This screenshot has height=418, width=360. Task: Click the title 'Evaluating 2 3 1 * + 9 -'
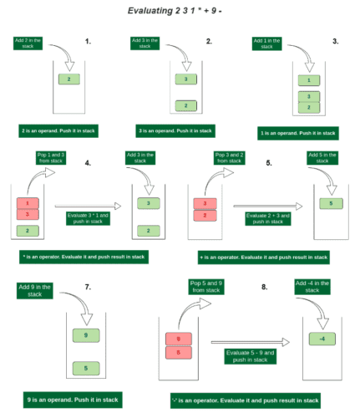pyautogui.click(x=180, y=11)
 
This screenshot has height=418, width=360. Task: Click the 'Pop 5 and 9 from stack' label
pyautogui.click(x=207, y=290)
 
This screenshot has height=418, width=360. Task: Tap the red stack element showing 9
pyautogui.click(x=177, y=339)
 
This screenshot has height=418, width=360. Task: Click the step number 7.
pyautogui.click(x=88, y=288)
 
